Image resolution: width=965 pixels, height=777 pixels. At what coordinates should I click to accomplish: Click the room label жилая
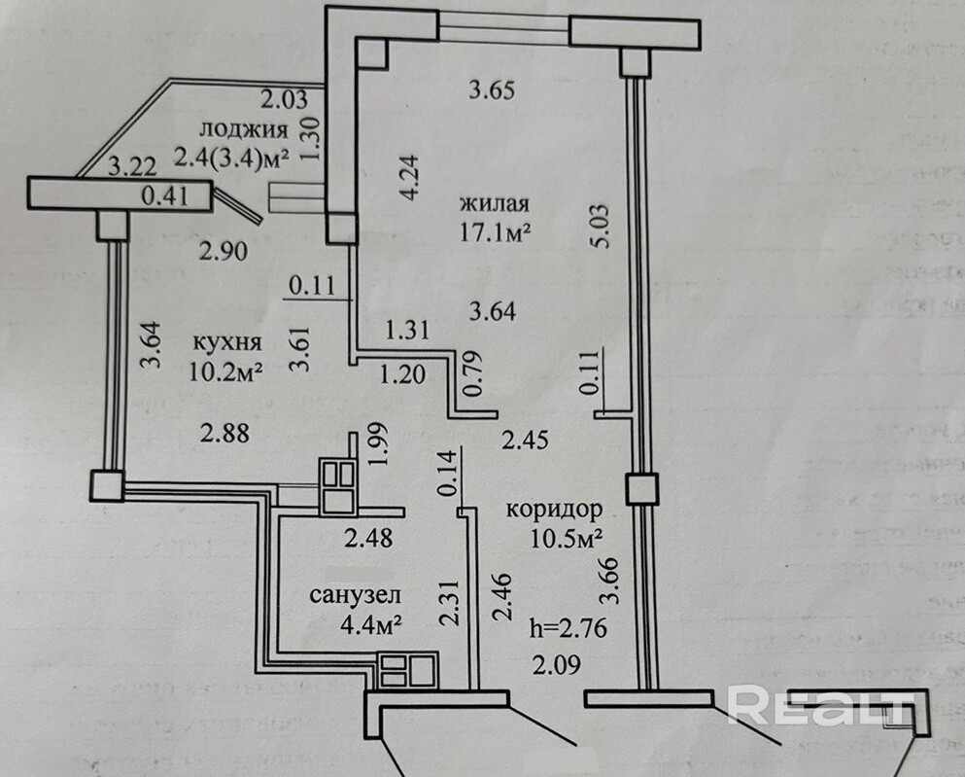pyautogui.click(x=495, y=204)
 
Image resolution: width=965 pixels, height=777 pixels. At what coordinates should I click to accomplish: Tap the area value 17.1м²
pyautogui.click(x=496, y=233)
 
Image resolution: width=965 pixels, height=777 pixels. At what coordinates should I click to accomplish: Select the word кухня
pyautogui.click(x=226, y=342)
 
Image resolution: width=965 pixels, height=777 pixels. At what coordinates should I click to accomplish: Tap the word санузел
pyautogui.click(x=357, y=595)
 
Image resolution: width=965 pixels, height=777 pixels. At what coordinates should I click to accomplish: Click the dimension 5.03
pyautogui.click(x=603, y=227)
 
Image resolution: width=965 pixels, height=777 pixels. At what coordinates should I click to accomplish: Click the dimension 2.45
pyautogui.click(x=525, y=441)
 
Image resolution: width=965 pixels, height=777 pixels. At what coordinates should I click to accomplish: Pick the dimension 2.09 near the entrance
pyautogui.click(x=553, y=666)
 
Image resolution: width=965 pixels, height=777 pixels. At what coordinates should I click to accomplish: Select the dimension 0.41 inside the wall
pyautogui.click(x=163, y=196)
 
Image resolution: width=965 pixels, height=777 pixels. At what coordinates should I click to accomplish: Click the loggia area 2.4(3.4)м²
pyautogui.click(x=232, y=157)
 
